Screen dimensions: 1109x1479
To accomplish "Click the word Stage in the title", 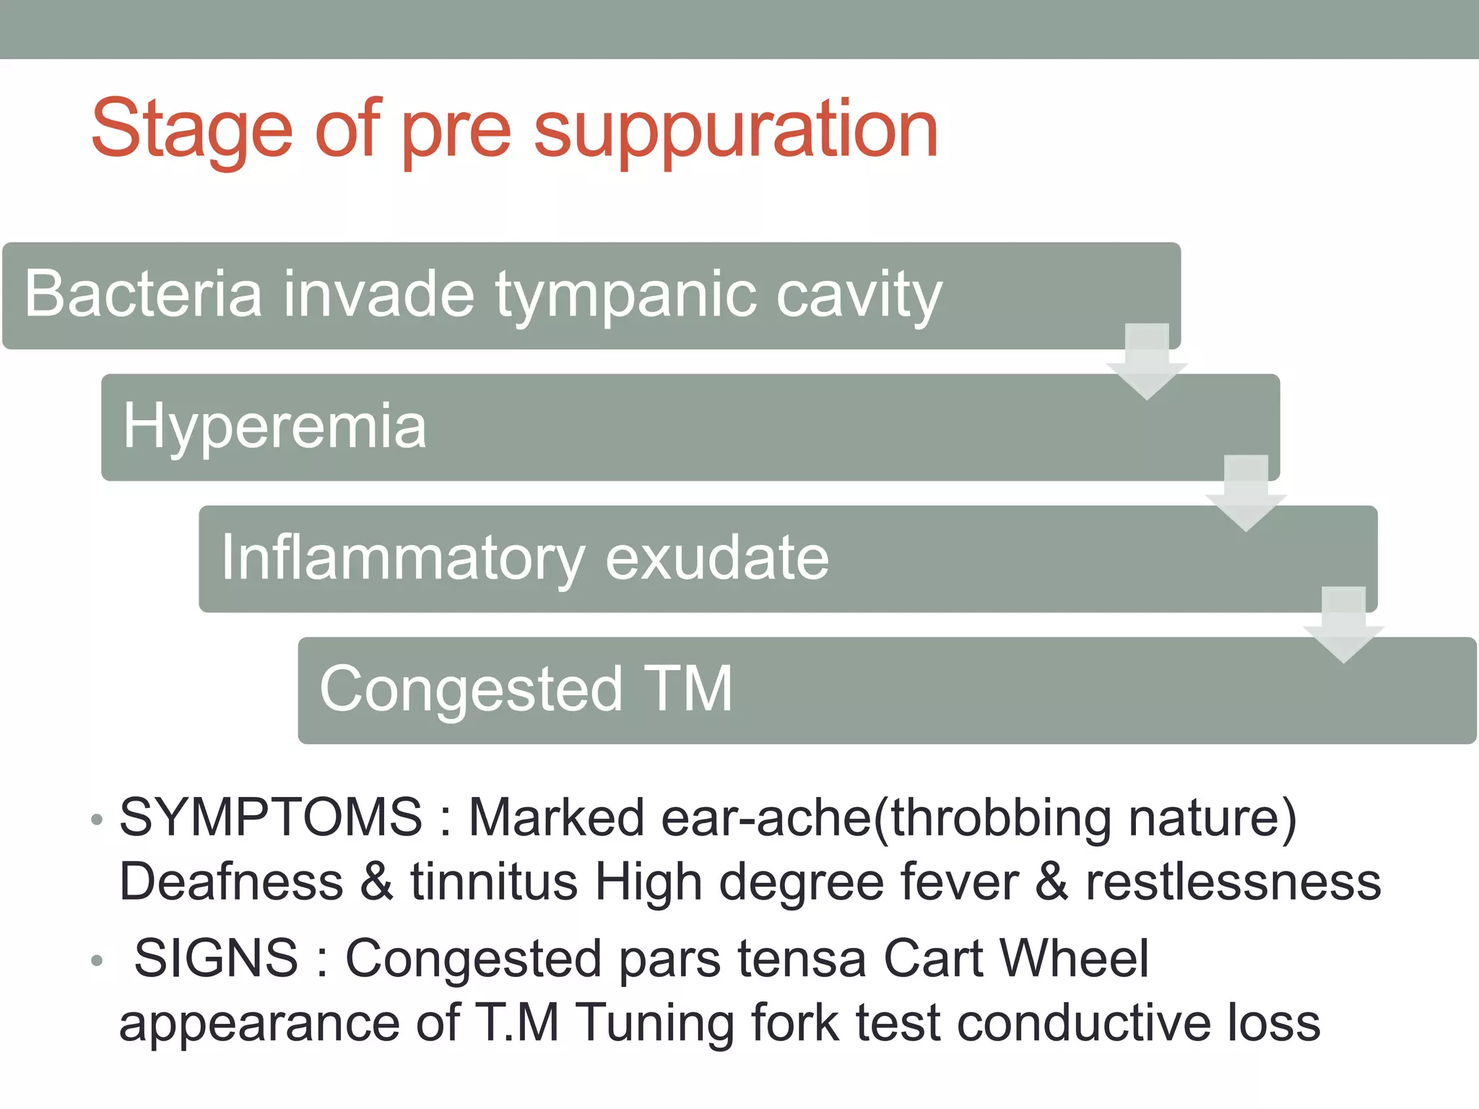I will click(x=191, y=130).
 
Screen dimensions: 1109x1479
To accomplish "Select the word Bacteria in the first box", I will click(x=143, y=294).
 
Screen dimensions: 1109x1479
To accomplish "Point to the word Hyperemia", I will click(x=274, y=427).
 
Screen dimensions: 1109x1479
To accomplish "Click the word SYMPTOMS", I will click(x=271, y=817).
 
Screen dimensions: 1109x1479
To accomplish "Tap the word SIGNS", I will click(x=216, y=959).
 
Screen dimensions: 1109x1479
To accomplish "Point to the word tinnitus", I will click(x=495, y=882).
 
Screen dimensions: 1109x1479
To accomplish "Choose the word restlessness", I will click(x=1233, y=882).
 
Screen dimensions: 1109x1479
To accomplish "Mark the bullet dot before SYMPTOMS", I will click(x=97, y=820).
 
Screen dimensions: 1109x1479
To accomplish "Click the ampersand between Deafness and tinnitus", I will click(x=377, y=882).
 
